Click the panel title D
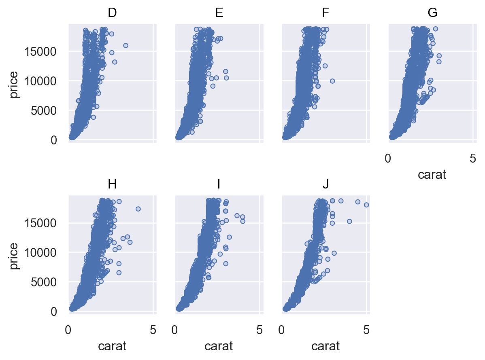point(112,13)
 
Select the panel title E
point(219,13)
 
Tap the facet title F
point(325,13)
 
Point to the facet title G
point(432,13)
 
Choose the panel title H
point(112,184)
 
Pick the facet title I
point(219,184)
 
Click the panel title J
point(325,184)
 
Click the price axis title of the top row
point(14,84)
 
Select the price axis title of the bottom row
point(14,256)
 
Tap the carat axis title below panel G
point(432,175)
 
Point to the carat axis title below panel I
point(219,346)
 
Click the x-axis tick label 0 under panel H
point(69,330)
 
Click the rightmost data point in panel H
point(138,209)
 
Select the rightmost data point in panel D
point(126,45)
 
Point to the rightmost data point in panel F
point(332,81)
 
